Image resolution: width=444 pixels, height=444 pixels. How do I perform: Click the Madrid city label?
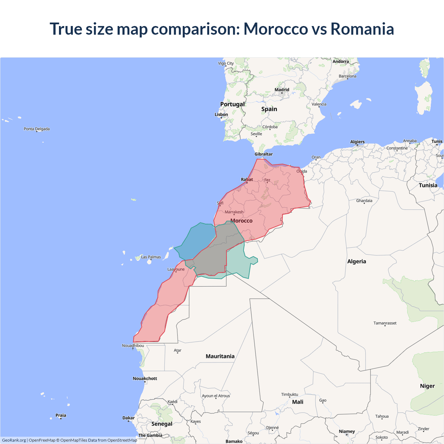point(282,90)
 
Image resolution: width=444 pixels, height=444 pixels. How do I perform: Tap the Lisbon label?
point(221,114)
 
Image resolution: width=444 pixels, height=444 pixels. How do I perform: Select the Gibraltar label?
point(264,154)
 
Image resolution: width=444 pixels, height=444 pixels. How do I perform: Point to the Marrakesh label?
point(234,212)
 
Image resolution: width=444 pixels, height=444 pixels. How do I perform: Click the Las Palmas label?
point(151,257)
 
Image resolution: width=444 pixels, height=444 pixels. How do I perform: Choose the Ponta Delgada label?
point(37,129)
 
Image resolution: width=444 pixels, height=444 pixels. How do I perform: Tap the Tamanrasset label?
point(385,323)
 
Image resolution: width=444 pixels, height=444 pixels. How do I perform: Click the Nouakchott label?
point(145,378)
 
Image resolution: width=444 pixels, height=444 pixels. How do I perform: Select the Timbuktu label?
point(290,394)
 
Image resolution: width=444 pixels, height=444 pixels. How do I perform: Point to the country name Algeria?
point(357,262)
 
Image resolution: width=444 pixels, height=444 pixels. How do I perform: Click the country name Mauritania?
point(220,356)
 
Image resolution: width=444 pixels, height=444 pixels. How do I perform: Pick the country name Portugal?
point(232,104)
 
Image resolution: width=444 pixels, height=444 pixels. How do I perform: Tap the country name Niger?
point(427,386)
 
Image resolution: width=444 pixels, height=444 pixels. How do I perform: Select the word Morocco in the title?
point(276,29)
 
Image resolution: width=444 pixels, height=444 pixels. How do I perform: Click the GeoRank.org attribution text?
point(14,440)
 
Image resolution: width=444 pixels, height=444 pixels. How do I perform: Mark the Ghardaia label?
point(364,200)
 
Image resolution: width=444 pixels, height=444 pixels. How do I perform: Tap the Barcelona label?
point(348,76)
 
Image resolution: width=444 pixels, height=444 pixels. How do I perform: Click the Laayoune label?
point(176,269)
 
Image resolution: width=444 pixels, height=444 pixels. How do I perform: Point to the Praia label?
point(61,415)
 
